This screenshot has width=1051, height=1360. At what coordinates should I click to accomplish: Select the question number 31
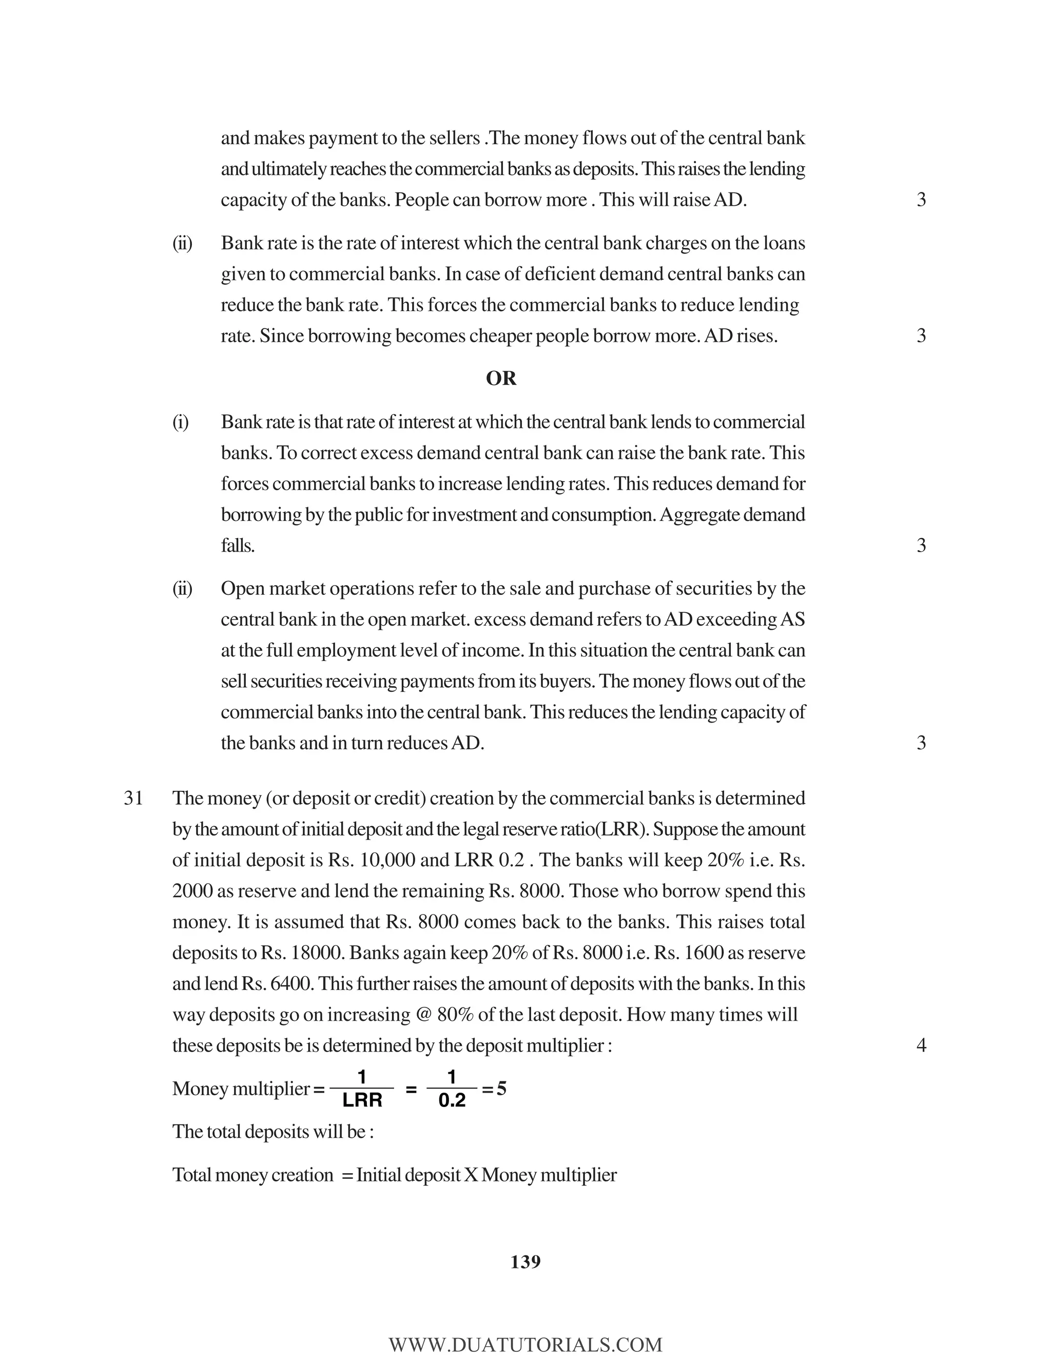(x=133, y=799)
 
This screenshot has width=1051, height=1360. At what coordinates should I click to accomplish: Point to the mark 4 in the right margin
(x=922, y=1045)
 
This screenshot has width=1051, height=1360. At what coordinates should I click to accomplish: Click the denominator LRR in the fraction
(x=362, y=1101)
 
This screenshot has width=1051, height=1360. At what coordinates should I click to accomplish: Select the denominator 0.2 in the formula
(x=452, y=1101)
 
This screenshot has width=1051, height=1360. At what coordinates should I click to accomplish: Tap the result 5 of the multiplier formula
(x=501, y=1089)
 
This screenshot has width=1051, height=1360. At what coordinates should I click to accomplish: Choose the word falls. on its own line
(x=237, y=546)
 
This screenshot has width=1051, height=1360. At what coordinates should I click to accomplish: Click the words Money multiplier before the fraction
(x=241, y=1089)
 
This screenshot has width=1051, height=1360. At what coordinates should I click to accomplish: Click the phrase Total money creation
(x=253, y=1175)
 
